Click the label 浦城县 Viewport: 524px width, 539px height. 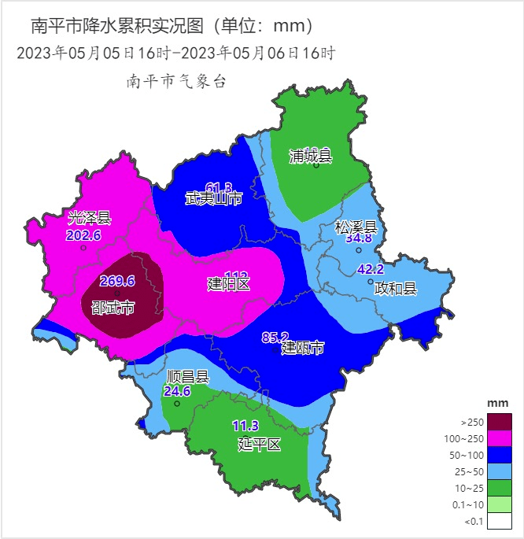click(311, 156)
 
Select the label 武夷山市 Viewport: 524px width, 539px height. click(213, 198)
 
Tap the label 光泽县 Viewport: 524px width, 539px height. click(90, 218)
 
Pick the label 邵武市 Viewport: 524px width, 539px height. click(113, 306)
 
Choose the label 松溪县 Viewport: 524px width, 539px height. click(356, 227)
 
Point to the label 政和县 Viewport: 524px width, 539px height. click(395, 288)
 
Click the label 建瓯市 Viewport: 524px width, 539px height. click(302, 348)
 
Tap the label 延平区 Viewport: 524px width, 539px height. click(260, 445)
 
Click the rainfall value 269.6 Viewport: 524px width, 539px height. click(117, 281)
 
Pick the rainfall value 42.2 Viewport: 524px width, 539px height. click(371, 269)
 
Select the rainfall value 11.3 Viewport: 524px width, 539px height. click(245, 426)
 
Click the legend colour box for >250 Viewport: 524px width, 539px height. click(499, 422)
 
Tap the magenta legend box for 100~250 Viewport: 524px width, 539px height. click(499, 438)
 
